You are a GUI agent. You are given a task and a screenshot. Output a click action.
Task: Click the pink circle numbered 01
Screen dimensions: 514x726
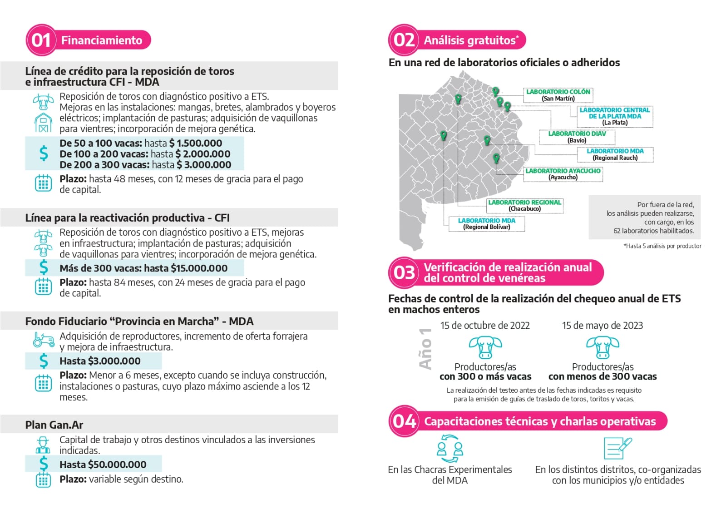(41, 40)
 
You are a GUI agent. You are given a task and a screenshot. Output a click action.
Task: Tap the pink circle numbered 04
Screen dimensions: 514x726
(404, 421)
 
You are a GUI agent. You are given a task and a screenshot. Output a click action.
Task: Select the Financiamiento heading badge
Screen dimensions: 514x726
(102, 40)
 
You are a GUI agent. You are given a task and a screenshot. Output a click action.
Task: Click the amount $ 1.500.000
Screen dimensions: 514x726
(196, 143)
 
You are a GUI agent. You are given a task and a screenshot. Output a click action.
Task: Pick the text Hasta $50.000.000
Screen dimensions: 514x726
(103, 465)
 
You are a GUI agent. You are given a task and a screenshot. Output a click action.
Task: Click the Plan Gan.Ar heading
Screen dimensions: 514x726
(54, 425)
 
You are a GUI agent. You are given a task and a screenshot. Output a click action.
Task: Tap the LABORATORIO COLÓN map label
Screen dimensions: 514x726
(558, 95)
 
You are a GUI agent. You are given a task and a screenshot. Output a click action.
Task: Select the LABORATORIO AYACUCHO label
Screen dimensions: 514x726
(563, 174)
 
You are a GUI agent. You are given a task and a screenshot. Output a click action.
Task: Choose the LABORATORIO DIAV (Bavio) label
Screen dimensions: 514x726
(577, 137)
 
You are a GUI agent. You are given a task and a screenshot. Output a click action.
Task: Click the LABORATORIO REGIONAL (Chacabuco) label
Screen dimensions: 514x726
(525, 205)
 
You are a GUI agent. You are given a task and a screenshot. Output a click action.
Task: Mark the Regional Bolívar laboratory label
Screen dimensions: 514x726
(487, 223)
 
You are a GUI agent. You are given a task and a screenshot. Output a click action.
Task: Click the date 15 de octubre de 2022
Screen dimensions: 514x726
(485, 326)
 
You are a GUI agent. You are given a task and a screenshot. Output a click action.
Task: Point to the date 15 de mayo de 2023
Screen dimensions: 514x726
(603, 326)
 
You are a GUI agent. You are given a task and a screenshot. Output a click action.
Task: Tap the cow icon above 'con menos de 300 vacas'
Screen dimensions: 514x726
(603, 347)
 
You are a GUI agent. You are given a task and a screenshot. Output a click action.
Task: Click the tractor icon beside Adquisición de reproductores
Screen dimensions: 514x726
(44, 340)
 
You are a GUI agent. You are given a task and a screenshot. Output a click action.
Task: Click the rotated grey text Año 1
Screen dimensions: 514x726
(425, 349)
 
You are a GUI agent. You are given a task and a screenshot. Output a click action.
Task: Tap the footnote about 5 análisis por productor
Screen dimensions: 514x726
(662, 246)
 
